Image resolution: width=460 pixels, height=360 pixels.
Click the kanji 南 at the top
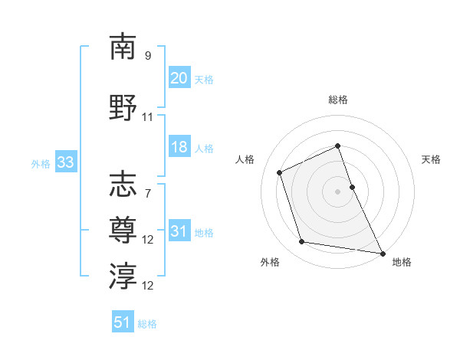coord(123,47)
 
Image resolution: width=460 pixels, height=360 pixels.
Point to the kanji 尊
coord(123,228)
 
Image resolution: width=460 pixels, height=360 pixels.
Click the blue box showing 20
coord(179,77)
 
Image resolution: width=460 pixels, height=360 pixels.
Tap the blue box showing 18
coord(179,148)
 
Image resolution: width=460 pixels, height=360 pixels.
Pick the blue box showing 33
coord(65,162)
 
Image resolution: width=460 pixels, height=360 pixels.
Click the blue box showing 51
coord(123,322)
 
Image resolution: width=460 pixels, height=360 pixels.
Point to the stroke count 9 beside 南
coord(148,56)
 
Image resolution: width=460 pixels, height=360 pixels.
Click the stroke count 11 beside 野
coord(148,117)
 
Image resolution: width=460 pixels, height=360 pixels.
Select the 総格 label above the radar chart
coord(338,100)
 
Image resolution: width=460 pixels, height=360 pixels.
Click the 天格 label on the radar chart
coord(431,159)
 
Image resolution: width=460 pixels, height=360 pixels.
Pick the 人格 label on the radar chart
coord(245,159)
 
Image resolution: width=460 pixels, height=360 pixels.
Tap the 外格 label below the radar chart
coord(270,262)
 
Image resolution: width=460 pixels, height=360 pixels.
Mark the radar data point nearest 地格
coord(383,253)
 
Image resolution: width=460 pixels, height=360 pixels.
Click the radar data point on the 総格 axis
coord(338,146)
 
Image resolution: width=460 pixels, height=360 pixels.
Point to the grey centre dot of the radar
coord(338,191)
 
